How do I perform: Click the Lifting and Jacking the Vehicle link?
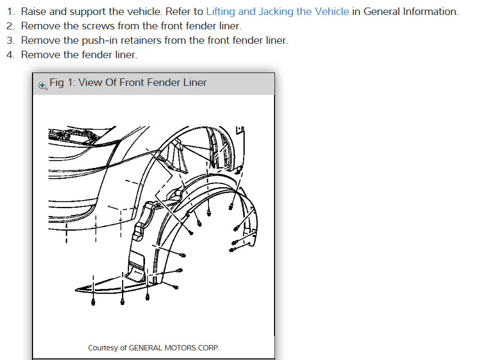click(277, 11)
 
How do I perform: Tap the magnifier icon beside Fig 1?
click(43, 84)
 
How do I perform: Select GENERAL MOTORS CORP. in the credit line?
click(174, 348)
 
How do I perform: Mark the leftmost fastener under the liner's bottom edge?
click(93, 302)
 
